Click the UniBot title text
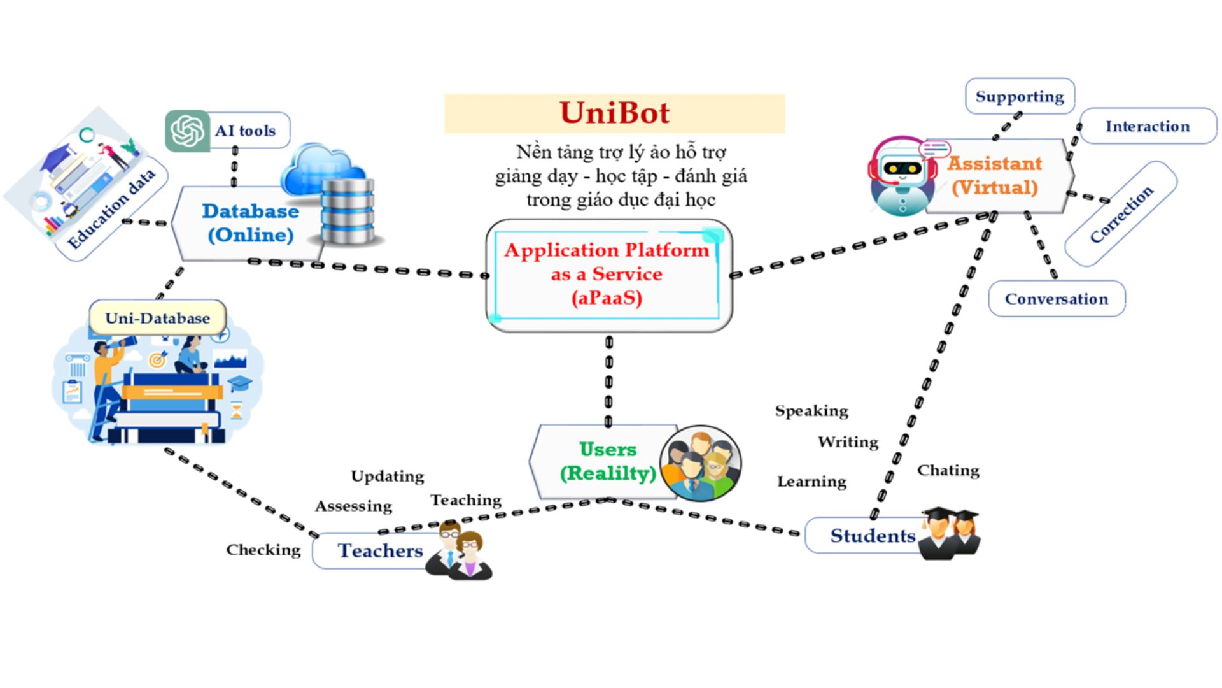tap(614, 113)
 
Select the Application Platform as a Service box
tap(608, 275)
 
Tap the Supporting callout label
tap(1019, 97)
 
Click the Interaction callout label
tap(1147, 126)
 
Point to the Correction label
tap(1121, 214)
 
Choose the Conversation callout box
tap(1056, 299)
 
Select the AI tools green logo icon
tap(187, 131)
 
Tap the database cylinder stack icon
tap(347, 210)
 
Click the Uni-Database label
tap(157, 318)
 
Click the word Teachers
tap(380, 550)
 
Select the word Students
tap(872, 536)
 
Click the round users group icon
tap(700, 463)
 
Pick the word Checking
tap(263, 550)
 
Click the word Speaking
tap(811, 411)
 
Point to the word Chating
tap(948, 470)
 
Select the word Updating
tap(387, 477)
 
